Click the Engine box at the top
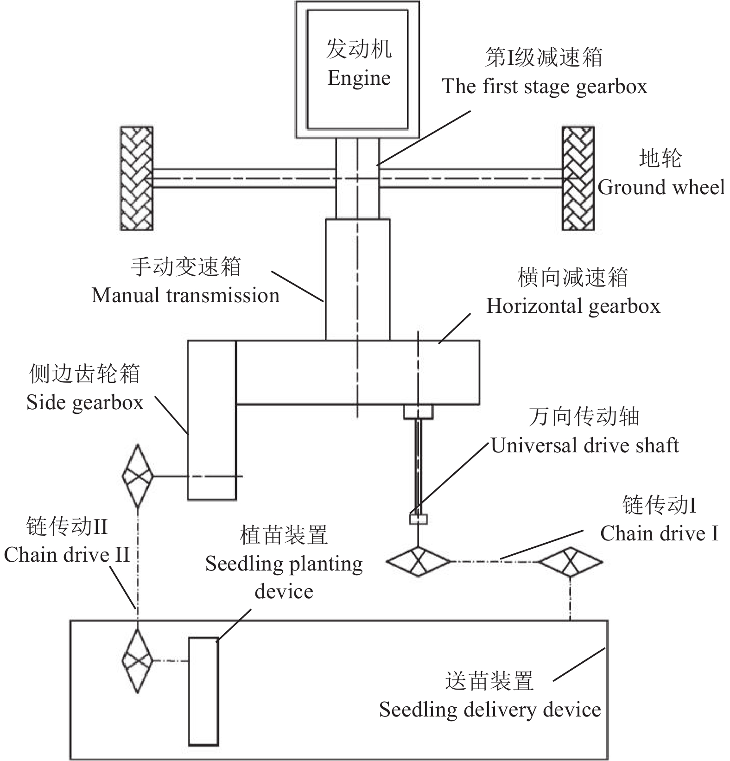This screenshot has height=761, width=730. (x=357, y=70)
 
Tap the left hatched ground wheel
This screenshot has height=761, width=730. (x=137, y=178)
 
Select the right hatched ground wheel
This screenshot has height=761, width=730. (x=578, y=178)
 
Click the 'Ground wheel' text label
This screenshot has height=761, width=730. (x=661, y=187)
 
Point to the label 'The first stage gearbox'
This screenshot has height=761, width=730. (x=544, y=87)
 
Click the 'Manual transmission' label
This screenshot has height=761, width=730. (x=185, y=295)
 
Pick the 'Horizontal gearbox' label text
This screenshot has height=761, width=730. (x=573, y=306)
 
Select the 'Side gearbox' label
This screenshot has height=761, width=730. (x=85, y=402)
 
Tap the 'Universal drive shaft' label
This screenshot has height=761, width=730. (x=585, y=445)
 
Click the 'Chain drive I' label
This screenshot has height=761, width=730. (x=659, y=533)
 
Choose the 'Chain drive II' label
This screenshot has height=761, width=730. (x=67, y=555)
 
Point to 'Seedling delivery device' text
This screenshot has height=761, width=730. (x=490, y=710)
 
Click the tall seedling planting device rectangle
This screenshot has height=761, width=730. (x=203, y=691)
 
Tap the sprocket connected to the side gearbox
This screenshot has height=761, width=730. (x=137, y=476)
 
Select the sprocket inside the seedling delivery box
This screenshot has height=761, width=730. (x=137, y=661)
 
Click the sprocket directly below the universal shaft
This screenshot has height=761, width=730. (x=418, y=562)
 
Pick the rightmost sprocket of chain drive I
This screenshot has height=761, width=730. (x=570, y=562)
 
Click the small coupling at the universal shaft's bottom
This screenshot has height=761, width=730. (x=418, y=519)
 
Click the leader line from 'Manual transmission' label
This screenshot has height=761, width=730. (x=297, y=286)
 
